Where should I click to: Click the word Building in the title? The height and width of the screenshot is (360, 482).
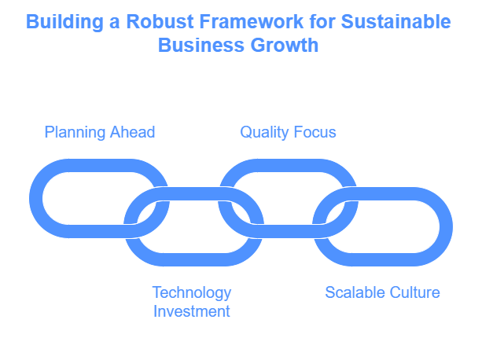[x=64, y=22]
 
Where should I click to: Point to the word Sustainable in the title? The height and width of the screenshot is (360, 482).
[x=396, y=21]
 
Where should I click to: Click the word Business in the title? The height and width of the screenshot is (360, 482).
[x=201, y=45]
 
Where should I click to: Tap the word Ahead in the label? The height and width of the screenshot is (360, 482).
[x=132, y=132]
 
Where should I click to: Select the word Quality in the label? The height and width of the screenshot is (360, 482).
[x=264, y=133]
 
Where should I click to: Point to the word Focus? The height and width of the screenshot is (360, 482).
[x=315, y=132]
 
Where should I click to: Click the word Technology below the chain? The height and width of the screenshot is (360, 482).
[x=192, y=293]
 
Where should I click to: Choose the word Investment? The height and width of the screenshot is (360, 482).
[x=192, y=311]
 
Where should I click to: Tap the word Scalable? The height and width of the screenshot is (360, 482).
[x=351, y=292]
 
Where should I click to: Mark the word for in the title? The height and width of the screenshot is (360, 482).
[x=322, y=21]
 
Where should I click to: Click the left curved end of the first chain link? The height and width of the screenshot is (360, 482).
[x=36, y=198]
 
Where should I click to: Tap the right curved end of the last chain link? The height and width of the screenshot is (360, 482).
[x=446, y=226]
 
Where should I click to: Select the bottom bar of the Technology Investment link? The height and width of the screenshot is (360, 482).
[x=193, y=260]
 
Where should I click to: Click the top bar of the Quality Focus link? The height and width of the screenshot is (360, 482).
[x=288, y=166]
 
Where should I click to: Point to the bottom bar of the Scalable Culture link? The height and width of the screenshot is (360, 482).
[x=383, y=260]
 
